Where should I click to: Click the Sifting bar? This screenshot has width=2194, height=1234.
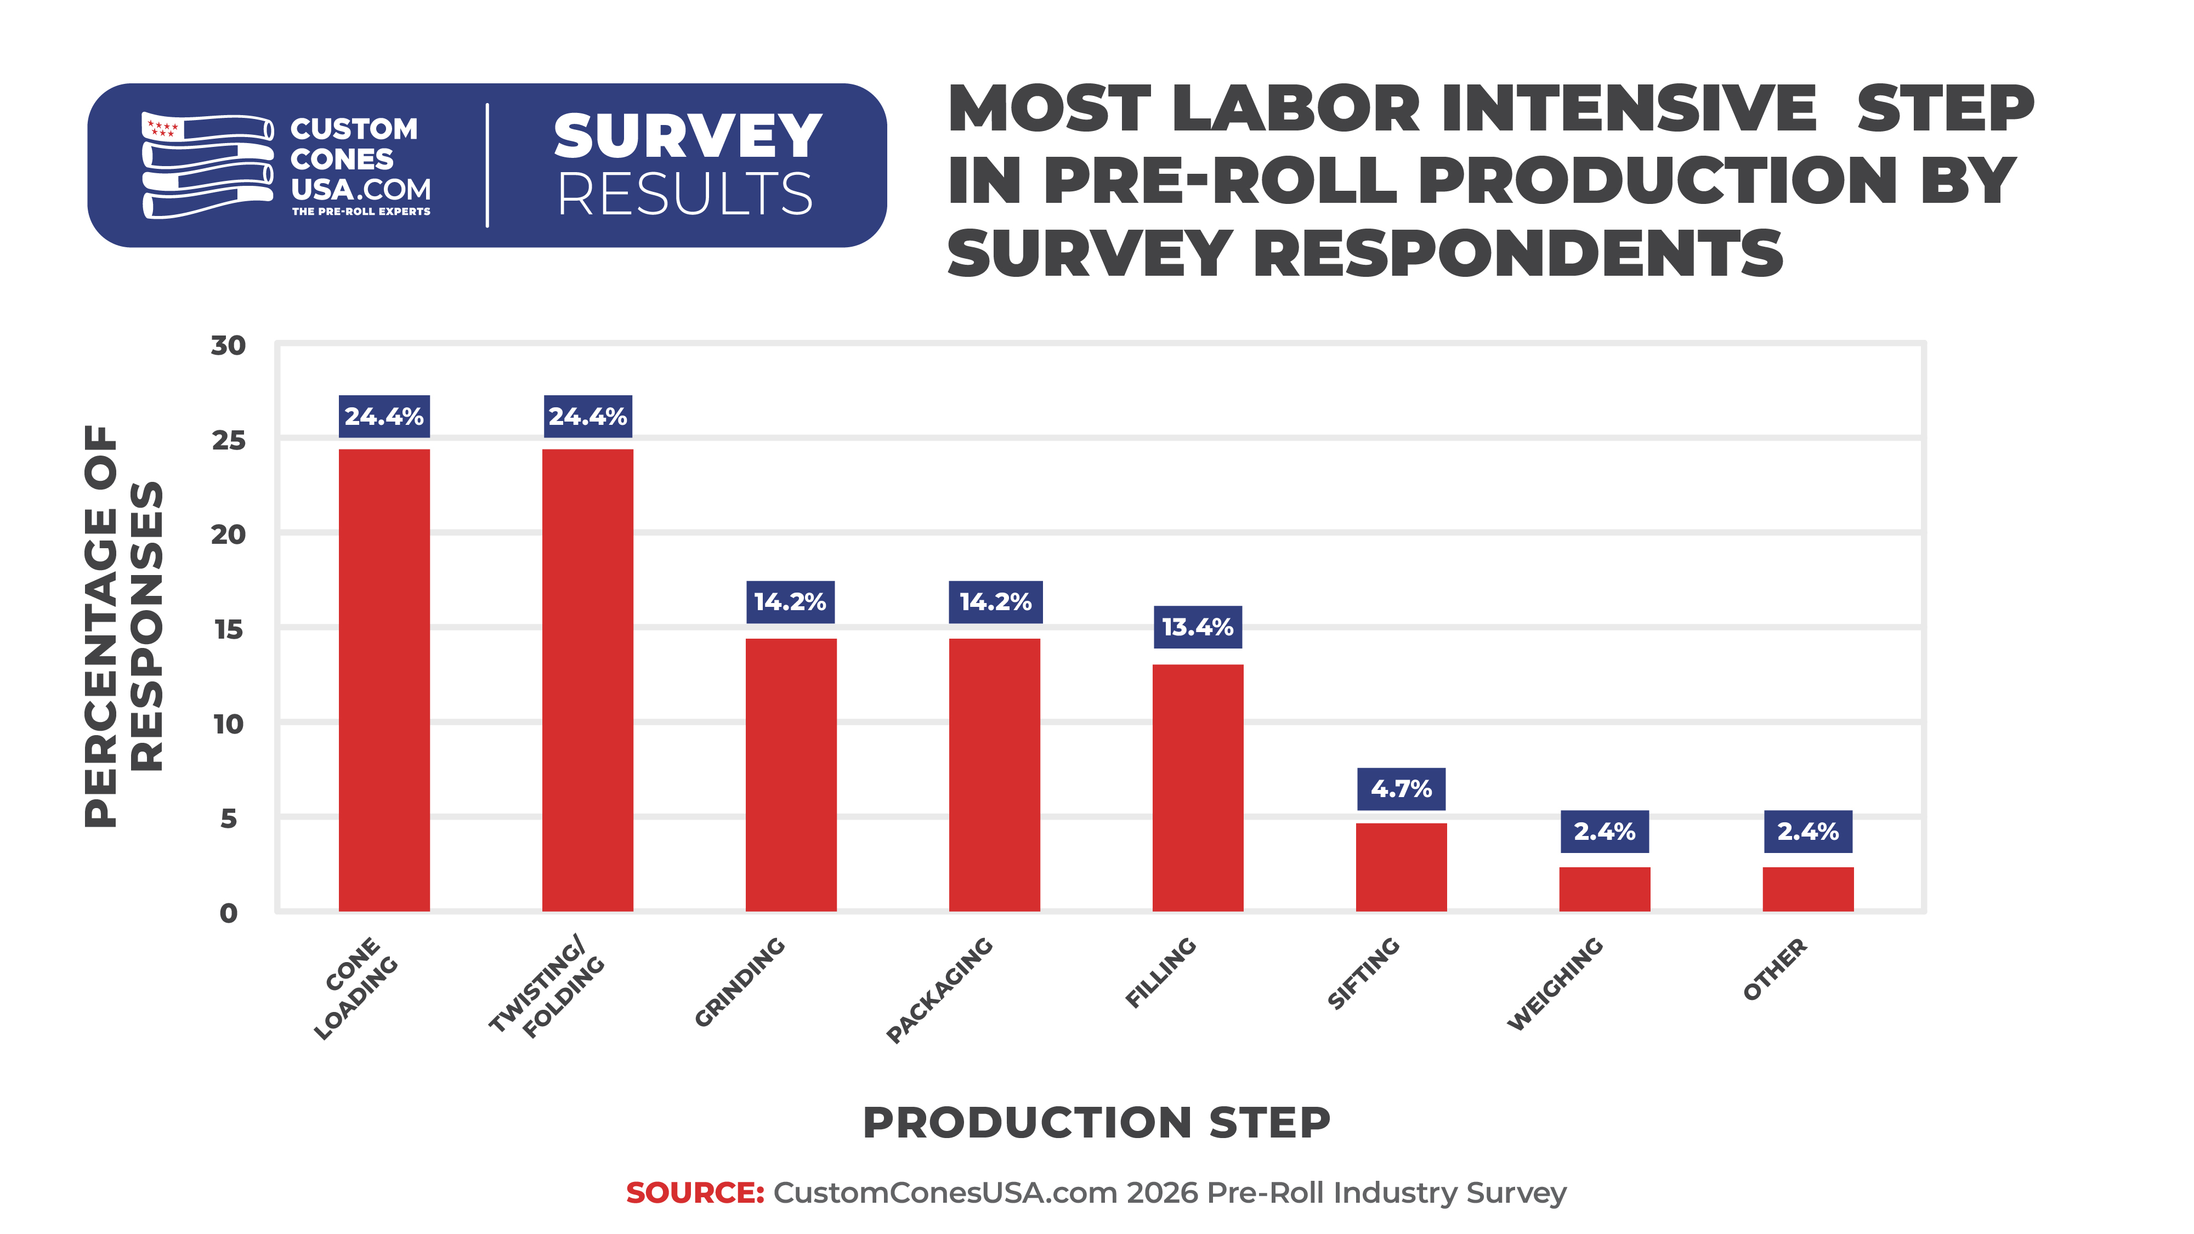coord(1401,866)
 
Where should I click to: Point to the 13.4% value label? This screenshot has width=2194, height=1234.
coord(1198,627)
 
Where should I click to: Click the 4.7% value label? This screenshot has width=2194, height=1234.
coord(1401,789)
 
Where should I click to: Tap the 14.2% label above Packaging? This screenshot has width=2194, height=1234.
coord(995,602)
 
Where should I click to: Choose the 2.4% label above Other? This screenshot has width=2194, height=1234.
coord(1807,831)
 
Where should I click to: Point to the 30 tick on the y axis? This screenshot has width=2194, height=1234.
coord(228,346)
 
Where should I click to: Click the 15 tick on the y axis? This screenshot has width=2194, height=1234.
coord(228,629)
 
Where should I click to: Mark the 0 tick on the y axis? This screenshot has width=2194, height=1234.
coord(228,913)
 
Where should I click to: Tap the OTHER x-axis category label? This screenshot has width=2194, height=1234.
coord(1775,969)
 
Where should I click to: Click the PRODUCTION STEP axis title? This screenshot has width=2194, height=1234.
coord(1096,1122)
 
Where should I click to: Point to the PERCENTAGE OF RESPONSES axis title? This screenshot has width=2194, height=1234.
coord(123,626)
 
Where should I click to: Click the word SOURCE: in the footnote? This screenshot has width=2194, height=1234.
coord(695,1192)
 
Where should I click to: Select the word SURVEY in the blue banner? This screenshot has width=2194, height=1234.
coord(687,137)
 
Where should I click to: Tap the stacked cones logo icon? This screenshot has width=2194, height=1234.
coord(207,165)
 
